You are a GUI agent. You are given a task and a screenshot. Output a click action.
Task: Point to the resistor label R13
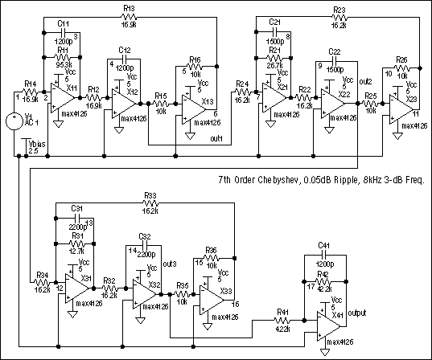click(130, 9)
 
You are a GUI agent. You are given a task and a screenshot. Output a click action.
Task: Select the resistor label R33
click(150, 195)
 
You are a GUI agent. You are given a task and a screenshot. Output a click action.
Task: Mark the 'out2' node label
click(365, 81)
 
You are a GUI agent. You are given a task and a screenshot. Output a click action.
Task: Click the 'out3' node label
click(169, 264)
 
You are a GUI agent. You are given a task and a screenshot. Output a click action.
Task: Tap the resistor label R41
click(282, 313)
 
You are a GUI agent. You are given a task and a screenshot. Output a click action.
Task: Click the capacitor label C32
click(145, 236)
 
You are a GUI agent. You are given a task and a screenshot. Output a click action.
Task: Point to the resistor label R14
click(30, 83)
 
